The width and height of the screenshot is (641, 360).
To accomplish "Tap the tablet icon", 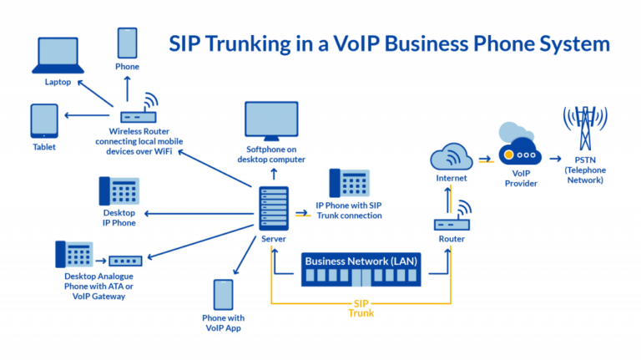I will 44,121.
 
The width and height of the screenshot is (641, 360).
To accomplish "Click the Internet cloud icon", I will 452,156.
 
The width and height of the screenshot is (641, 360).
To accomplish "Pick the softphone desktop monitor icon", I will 272,123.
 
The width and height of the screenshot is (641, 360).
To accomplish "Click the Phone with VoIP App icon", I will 224,295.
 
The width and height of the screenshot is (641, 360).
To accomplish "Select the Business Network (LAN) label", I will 361,261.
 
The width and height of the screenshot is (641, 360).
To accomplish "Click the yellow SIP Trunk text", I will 361,307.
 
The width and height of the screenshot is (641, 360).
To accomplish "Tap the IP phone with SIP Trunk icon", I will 349,184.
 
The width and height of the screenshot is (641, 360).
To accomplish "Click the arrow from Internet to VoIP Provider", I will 485,157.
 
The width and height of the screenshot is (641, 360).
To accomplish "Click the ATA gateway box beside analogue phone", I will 125,261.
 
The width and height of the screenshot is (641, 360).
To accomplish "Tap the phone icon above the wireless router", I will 127,43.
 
